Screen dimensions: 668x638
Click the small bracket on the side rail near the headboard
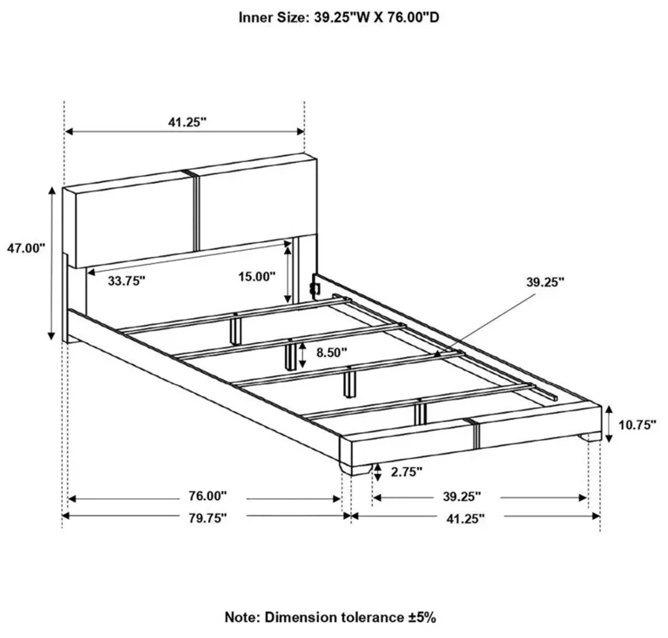coord(315,289)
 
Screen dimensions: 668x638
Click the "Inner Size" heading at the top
coord(339,18)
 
